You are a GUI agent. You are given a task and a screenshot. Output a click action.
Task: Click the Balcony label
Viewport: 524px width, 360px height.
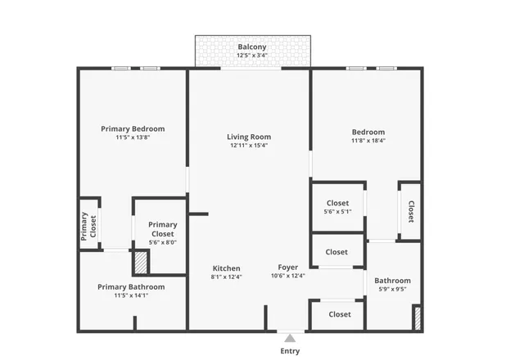point(252,47)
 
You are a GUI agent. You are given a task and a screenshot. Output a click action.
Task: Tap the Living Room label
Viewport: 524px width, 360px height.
point(249,137)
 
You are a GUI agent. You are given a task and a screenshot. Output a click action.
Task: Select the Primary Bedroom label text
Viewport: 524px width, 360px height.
point(133,128)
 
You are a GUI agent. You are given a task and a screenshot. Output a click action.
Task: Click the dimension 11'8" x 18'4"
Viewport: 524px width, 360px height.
point(368,140)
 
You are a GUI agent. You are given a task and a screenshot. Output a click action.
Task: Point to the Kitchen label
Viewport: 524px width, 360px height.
point(227,268)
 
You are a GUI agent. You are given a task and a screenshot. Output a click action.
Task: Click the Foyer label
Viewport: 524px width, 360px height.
point(287,268)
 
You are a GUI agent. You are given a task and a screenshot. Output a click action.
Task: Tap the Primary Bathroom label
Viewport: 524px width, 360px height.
point(131,287)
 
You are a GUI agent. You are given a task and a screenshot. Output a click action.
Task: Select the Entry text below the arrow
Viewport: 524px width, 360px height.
point(290,351)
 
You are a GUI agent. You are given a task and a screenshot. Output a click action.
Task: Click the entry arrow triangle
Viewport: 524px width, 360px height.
point(290,336)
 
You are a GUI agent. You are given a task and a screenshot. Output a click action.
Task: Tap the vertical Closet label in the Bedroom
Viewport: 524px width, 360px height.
point(410,212)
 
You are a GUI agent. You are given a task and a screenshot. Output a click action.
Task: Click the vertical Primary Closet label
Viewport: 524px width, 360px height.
point(88,226)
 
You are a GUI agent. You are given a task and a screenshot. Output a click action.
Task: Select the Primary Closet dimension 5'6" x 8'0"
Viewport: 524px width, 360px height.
point(162,242)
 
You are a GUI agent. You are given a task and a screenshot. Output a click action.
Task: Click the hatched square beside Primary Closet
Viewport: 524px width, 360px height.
point(141,263)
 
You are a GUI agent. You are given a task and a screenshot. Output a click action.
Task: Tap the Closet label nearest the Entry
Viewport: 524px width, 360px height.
point(340,314)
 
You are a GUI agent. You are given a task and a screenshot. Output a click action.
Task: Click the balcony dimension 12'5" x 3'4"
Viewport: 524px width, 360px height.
point(252,56)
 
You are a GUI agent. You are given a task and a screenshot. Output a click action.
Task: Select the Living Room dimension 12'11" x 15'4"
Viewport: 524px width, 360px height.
point(249,146)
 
